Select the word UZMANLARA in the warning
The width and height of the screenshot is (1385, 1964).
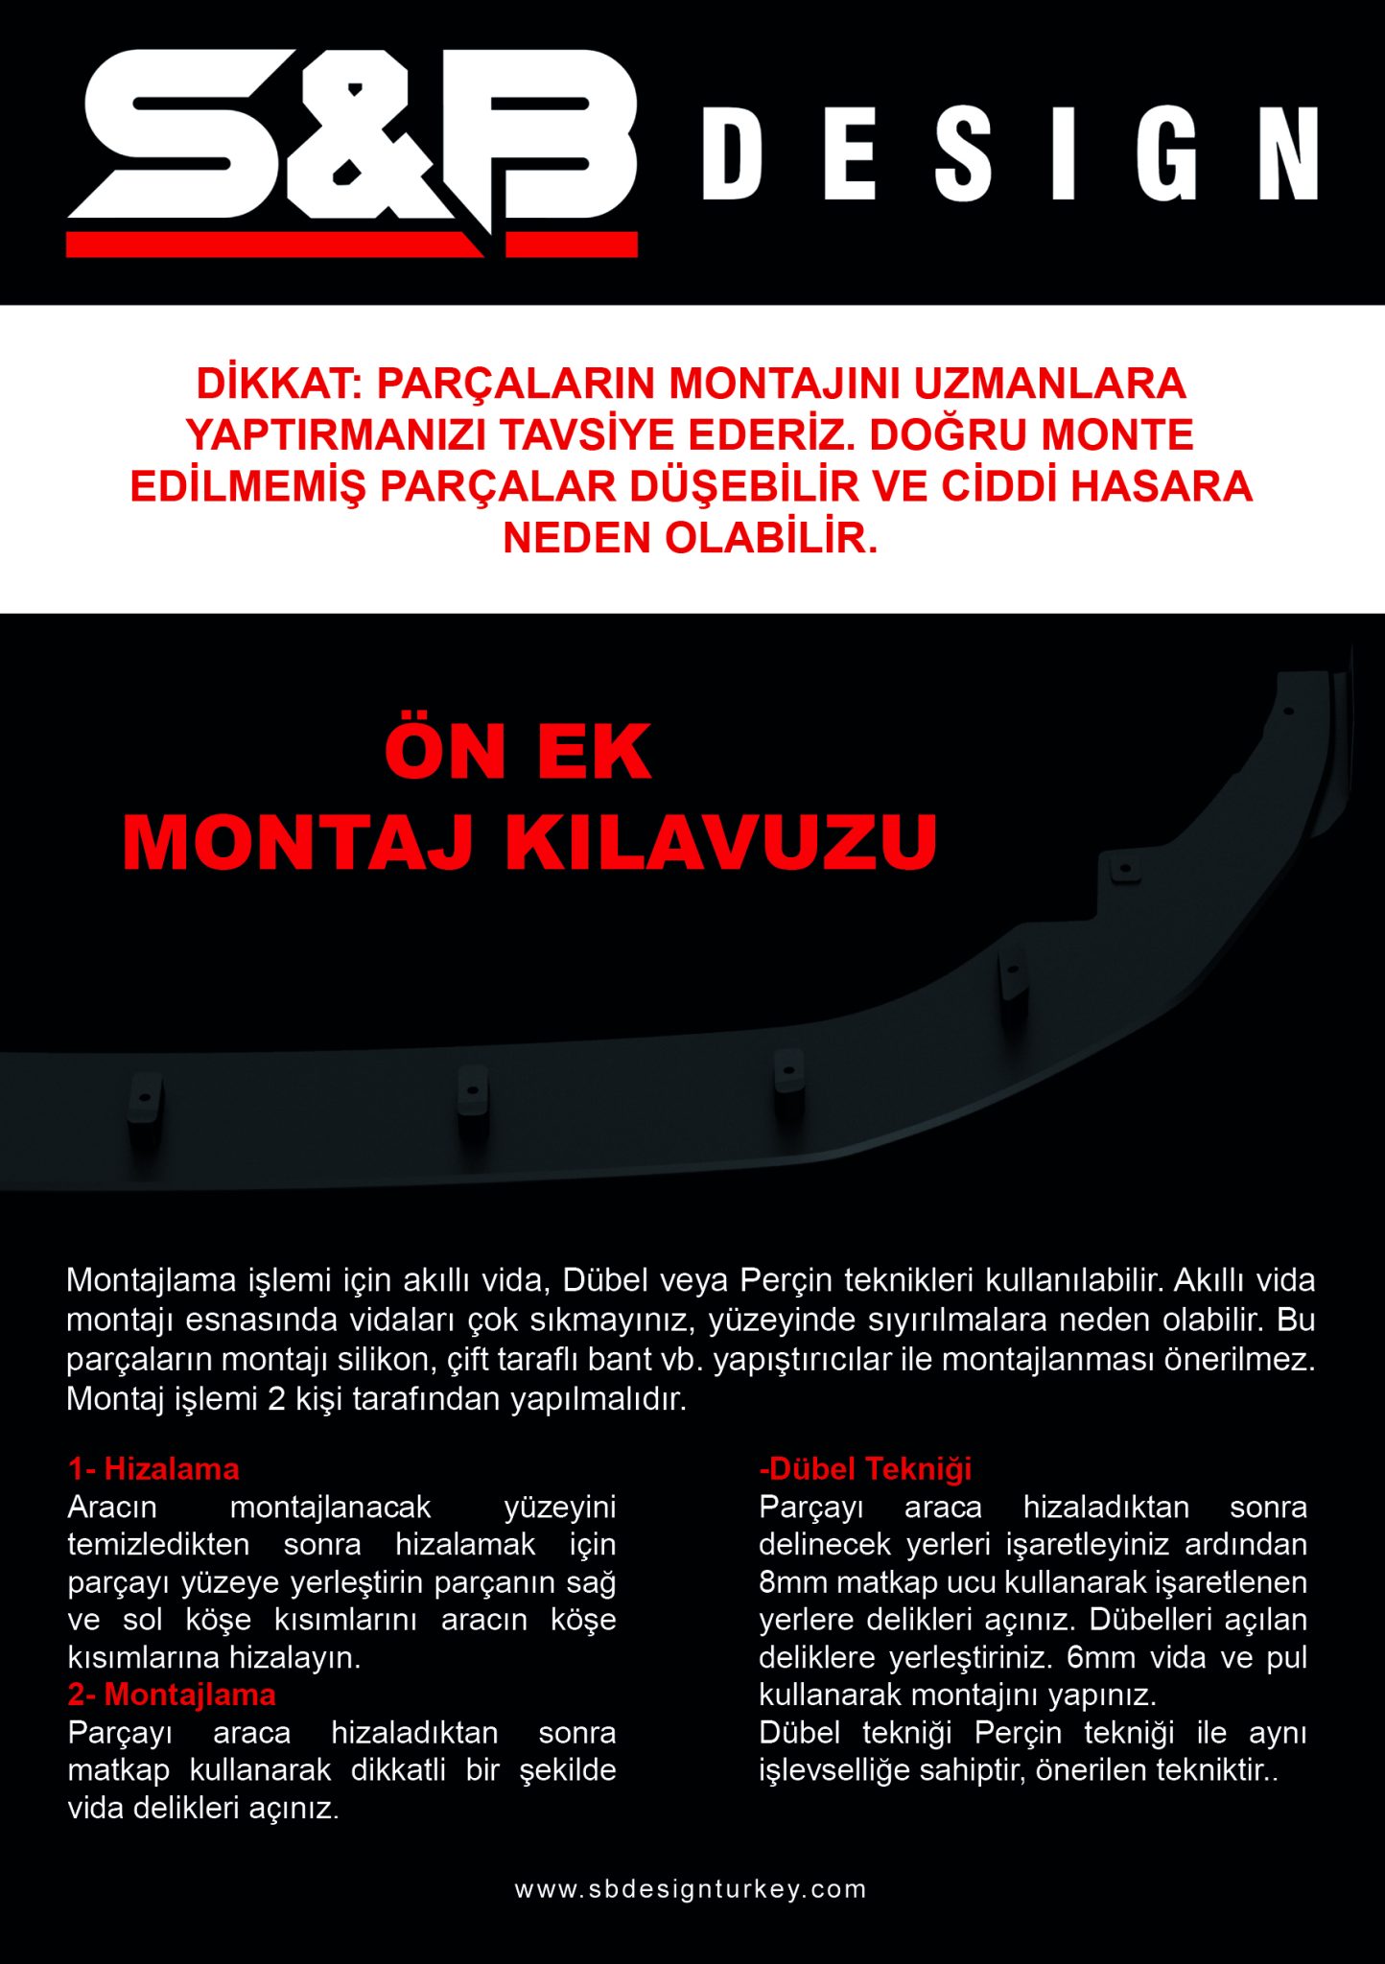coord(1049,385)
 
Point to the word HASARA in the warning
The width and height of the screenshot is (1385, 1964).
coord(1162,486)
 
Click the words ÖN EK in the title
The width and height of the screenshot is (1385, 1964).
coord(518,752)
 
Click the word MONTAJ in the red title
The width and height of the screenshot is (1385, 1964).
coord(298,843)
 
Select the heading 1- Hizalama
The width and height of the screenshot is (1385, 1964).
coord(153,1468)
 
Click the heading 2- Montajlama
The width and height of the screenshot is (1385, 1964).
coord(172,1695)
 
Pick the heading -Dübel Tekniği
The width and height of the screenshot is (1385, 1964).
coord(865,1468)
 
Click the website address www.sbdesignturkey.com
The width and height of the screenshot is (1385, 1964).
coord(691,1889)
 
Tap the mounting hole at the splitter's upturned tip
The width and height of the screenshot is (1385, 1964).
coord(1289,712)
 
